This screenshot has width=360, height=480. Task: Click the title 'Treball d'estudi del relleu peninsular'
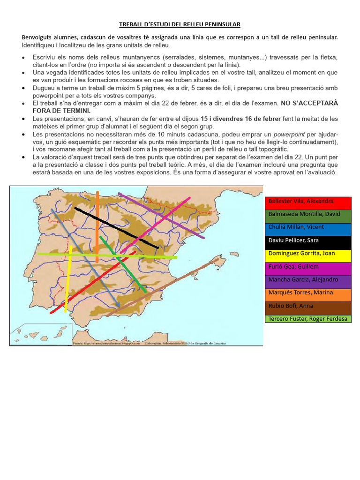coord(180,24)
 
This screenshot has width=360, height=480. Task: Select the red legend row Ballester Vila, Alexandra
coord(308,203)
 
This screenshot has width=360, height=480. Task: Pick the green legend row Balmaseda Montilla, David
coord(308,216)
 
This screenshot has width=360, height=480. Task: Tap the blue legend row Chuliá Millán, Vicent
coord(308,229)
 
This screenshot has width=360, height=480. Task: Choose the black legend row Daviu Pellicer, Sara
coord(308,242)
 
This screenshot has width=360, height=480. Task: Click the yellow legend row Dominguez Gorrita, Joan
coord(308,255)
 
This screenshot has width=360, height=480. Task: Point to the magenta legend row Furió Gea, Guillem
coord(308,269)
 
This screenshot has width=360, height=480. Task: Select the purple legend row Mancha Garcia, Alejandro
coord(308,282)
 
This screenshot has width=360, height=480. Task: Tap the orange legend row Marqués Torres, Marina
coord(308,295)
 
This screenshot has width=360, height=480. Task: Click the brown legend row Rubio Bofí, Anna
coord(308,308)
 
